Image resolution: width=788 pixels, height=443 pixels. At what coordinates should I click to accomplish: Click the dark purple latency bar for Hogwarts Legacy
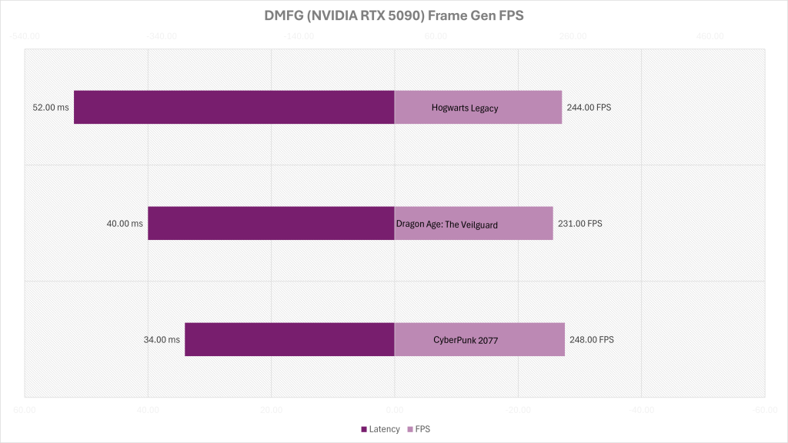point(234,107)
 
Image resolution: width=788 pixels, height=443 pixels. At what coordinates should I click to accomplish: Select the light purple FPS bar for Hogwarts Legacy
point(478,107)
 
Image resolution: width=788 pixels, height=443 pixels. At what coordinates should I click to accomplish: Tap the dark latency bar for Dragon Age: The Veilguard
point(271,223)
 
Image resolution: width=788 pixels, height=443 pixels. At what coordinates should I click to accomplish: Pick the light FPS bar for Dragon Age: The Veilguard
point(473,223)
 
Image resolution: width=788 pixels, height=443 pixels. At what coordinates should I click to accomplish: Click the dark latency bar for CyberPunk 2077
point(289,339)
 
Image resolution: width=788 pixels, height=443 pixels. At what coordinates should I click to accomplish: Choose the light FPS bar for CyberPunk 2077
point(479,339)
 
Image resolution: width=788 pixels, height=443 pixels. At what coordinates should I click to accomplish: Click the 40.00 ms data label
point(125,224)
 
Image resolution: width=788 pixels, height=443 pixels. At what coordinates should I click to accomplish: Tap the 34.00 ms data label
point(162,340)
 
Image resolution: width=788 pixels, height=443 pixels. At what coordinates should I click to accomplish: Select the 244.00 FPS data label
point(589,108)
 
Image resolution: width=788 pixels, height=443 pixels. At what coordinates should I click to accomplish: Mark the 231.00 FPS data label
point(579,224)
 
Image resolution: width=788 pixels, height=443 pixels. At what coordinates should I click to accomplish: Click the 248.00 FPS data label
point(592,340)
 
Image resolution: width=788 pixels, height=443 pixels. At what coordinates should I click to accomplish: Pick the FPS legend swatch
point(409,429)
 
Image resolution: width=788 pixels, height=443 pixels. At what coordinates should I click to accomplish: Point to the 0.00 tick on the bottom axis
point(395,410)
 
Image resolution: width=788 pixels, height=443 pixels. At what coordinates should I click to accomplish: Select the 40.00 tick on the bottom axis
point(148,410)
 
